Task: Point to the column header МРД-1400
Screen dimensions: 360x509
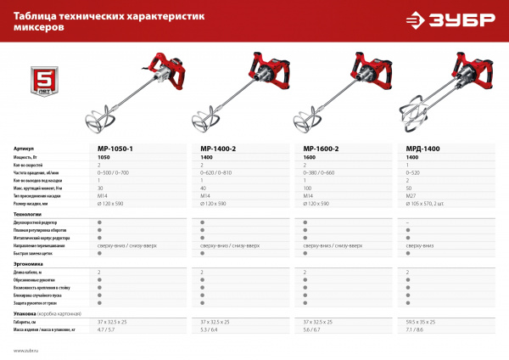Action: (x=423, y=149)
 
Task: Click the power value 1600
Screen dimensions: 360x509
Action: (x=310, y=158)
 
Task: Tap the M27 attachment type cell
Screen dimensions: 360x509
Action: (x=412, y=196)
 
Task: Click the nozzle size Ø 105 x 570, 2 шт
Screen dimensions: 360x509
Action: (x=431, y=204)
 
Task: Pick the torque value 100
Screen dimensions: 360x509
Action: (x=308, y=188)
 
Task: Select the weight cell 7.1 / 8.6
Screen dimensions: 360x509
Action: (x=417, y=330)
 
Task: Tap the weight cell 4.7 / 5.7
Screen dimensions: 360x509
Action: (x=108, y=330)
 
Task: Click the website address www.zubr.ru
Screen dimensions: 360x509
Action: (x=27, y=350)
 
